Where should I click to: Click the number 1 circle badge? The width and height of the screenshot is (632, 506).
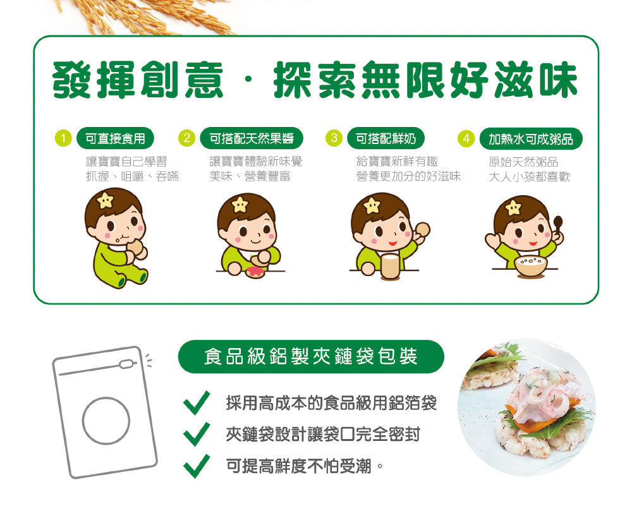[x=63, y=138]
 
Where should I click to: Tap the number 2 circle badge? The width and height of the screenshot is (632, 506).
[x=186, y=138]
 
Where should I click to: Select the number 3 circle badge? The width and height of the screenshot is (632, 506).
[x=334, y=138]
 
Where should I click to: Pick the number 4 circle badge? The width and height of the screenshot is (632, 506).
[x=466, y=138]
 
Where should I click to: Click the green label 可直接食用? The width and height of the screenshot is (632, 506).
[x=115, y=138]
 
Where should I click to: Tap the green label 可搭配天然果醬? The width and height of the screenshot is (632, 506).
[x=252, y=138]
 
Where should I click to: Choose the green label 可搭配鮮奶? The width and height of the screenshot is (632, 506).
[x=386, y=138]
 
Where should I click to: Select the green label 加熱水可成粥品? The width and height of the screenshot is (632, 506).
[x=531, y=139]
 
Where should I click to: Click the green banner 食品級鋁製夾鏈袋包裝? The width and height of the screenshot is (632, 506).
[x=311, y=356]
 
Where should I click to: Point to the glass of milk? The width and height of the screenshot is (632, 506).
[x=390, y=265]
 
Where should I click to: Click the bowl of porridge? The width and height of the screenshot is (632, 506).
[x=531, y=265]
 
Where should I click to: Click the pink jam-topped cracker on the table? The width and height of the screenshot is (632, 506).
[x=255, y=272]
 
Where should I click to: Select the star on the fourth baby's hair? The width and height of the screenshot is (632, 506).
[x=513, y=207]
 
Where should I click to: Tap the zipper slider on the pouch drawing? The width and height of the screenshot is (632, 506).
[x=126, y=364]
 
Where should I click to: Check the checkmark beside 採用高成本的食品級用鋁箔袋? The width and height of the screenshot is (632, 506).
[x=197, y=403]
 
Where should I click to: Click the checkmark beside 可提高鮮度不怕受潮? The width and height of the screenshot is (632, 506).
[x=197, y=466]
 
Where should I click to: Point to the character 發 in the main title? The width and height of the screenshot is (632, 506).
[x=73, y=80]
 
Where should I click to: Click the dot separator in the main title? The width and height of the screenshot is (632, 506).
[x=248, y=80]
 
